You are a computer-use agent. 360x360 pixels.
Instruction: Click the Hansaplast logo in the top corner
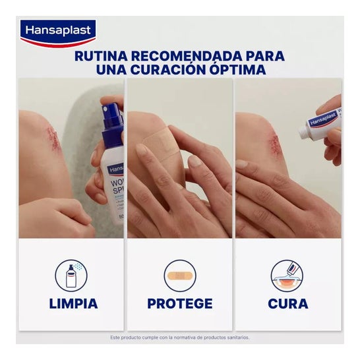tap(58, 31)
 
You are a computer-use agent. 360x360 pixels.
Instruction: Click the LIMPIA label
tap(73, 304)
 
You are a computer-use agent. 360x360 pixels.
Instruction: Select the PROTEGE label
tap(180, 304)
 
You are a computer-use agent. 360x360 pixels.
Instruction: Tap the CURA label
tap(287, 304)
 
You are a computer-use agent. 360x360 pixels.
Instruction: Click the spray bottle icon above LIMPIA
tap(73, 275)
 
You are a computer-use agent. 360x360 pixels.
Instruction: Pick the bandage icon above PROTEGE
tap(180, 276)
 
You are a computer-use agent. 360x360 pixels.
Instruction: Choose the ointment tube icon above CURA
tap(287, 276)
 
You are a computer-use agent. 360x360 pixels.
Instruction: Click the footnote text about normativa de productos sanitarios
tap(180, 338)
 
